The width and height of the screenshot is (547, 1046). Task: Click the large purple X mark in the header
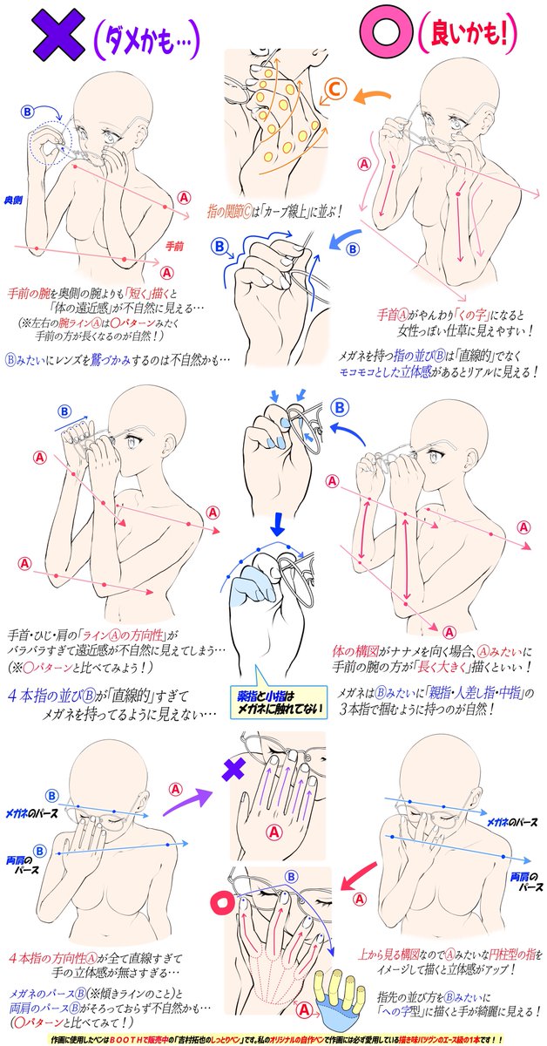[53, 36]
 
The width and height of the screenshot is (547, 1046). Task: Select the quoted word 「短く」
[142, 293]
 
